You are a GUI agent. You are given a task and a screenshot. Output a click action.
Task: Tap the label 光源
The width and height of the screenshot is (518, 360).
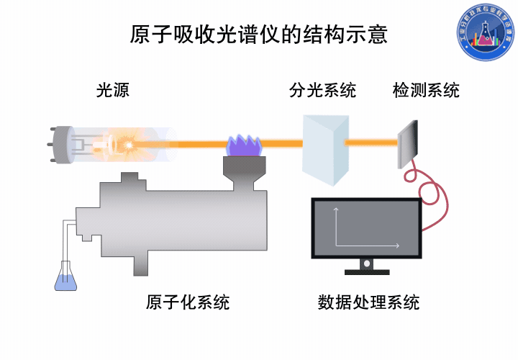tap(113, 91)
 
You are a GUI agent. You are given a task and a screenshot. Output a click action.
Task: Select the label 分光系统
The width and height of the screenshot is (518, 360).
tap(322, 91)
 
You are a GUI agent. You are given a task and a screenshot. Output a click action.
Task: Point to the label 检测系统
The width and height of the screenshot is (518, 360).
tap(426, 91)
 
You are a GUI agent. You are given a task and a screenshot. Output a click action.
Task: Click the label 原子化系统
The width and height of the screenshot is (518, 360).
tap(188, 302)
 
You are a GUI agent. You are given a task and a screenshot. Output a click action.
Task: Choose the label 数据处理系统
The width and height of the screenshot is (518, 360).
tap(368, 302)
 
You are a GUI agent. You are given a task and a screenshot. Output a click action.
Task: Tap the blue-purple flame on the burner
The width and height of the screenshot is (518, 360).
tap(243, 145)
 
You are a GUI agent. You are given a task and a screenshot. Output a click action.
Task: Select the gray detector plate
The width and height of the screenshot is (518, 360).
tap(408, 144)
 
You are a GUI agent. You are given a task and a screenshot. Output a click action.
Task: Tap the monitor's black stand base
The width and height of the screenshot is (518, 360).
tap(367, 271)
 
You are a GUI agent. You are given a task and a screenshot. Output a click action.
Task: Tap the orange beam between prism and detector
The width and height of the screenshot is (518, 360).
tap(371, 143)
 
